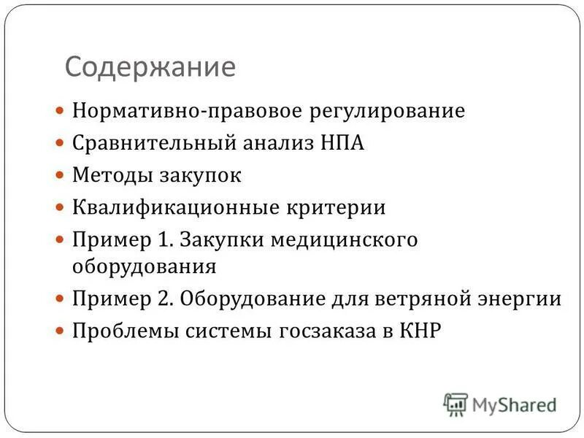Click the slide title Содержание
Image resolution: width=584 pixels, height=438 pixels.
[150, 67]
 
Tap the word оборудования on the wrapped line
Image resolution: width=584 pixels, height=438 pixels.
[144, 266]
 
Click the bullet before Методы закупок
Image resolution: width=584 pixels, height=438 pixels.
[61, 176]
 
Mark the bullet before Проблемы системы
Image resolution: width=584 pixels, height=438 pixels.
[61, 331]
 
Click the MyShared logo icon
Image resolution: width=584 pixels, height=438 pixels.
[455, 404]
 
